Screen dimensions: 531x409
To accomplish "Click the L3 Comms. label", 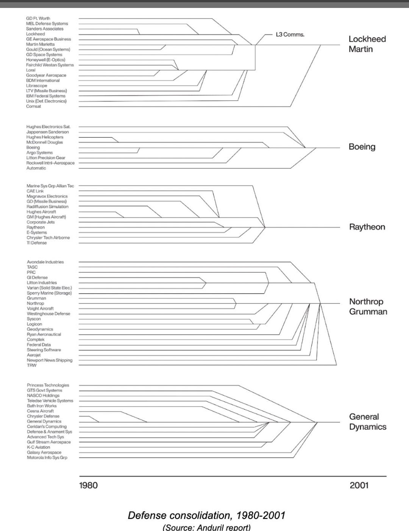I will tap(290, 34).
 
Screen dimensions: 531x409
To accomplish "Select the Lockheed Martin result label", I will tap(367, 44).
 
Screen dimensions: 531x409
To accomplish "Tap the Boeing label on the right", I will tap(362, 147).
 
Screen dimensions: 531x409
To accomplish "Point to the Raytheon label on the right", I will tap(367, 227).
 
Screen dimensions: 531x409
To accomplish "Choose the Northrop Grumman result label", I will tap(368, 306).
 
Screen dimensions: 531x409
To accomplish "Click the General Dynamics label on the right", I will tap(367, 422).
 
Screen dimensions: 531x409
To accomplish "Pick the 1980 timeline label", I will tap(88, 485).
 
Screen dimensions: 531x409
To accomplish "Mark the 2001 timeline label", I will tap(359, 485).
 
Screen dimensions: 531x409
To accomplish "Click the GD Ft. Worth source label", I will tap(38, 18).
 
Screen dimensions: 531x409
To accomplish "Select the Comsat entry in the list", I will tap(33, 106).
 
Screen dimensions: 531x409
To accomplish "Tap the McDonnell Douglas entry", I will tap(44, 142).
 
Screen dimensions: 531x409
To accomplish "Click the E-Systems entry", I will tap(36, 233).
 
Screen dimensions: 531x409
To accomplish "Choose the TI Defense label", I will tap(36, 243).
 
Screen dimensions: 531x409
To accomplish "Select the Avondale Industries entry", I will tap(45, 262).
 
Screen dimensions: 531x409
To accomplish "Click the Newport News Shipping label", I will tap(49, 360).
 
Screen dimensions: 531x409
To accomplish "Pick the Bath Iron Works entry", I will tap(41, 406).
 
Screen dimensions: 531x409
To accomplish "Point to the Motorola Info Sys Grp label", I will tap(47, 458).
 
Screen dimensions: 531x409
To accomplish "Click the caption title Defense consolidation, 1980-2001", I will tap(206, 515).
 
